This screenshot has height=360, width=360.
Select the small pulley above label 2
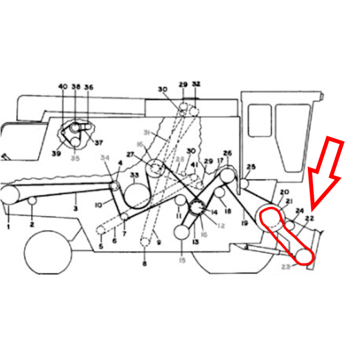(x=32, y=202)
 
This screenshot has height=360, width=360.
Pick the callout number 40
(x=62, y=87)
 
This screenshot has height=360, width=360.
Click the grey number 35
(x=75, y=158)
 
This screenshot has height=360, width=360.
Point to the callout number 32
(x=196, y=84)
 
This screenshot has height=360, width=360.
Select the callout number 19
(x=244, y=223)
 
